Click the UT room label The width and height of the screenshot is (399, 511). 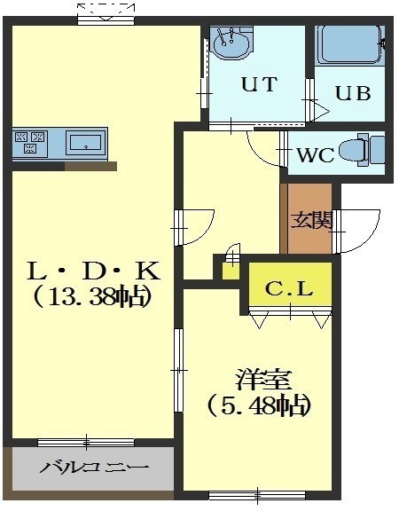pyautogui.click(x=259, y=83)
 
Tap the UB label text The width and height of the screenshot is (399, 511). pyautogui.click(x=353, y=93)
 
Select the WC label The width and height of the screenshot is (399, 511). pyautogui.click(x=316, y=154)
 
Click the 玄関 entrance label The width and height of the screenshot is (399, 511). pyautogui.click(x=312, y=220)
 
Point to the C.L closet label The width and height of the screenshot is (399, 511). pyautogui.click(x=289, y=288)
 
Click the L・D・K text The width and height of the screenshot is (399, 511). pyautogui.click(x=93, y=271)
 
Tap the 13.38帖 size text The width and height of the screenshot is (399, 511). pyautogui.click(x=93, y=297)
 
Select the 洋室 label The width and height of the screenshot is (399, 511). pyautogui.click(x=263, y=380)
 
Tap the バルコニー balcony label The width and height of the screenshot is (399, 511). pyautogui.click(x=94, y=468)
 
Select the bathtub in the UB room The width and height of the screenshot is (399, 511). pyautogui.click(x=350, y=45)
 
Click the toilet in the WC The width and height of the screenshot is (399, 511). pyautogui.click(x=362, y=150)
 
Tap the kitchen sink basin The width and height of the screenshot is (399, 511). pyautogui.click(x=86, y=143)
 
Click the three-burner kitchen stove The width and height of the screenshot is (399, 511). pyautogui.click(x=30, y=143)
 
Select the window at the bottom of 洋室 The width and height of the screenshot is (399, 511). pyautogui.click(x=257, y=496)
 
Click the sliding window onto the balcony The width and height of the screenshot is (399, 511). pyautogui.click(x=86, y=442)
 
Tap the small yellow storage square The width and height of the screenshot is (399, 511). pyautogui.click(x=231, y=271)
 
